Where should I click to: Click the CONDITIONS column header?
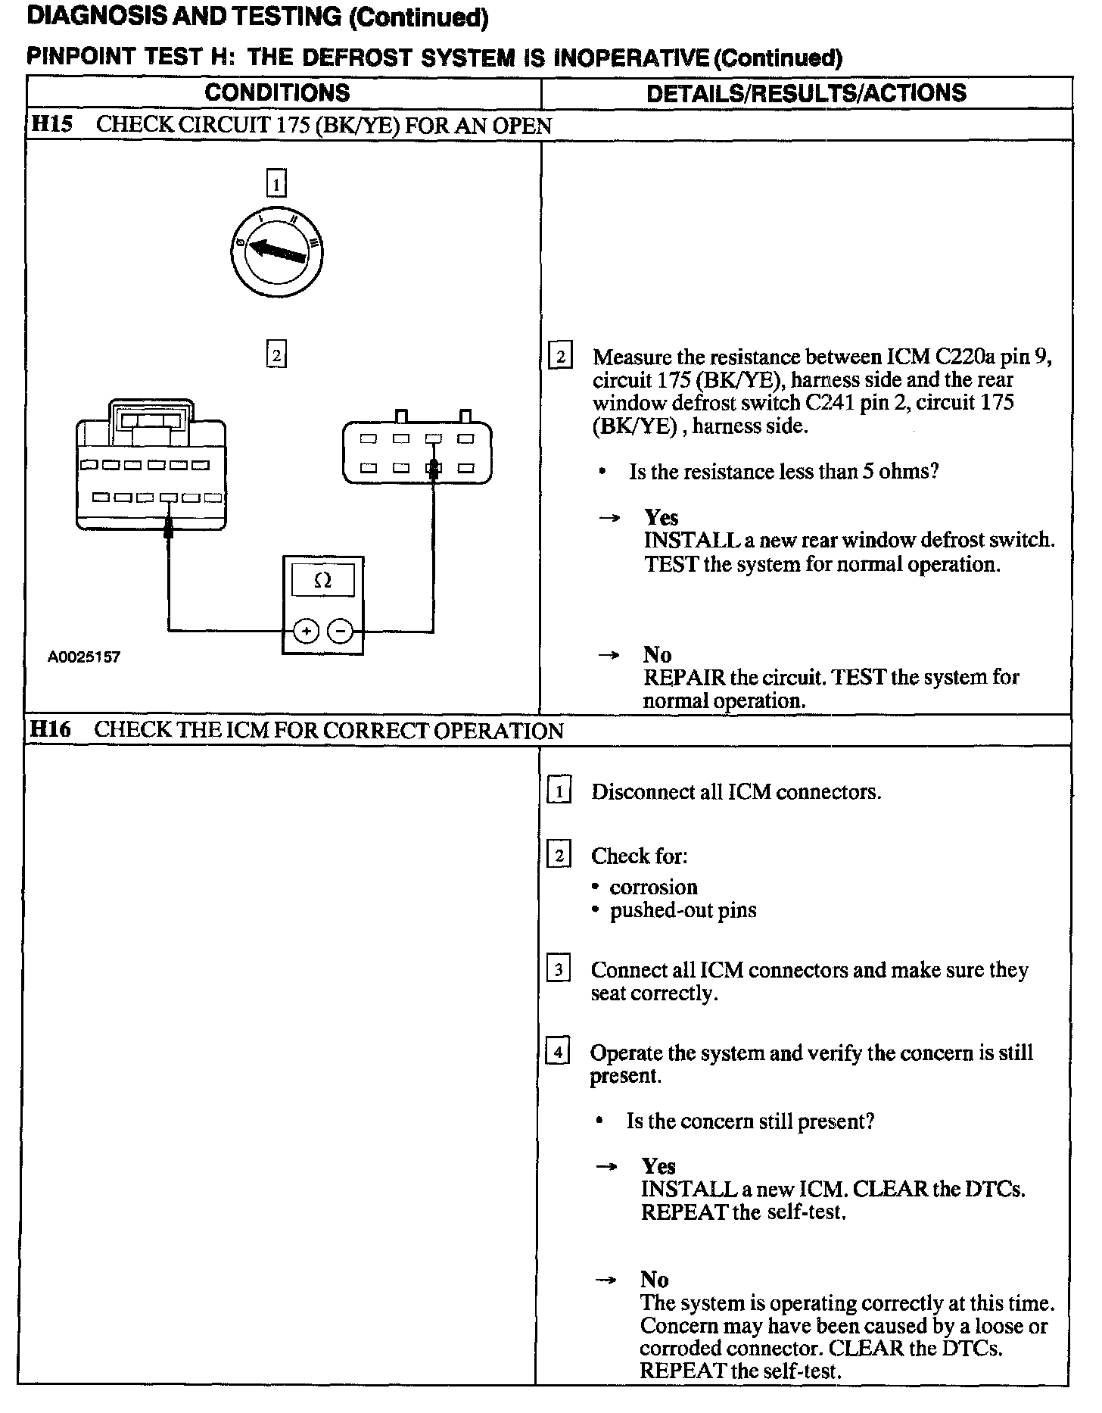pos(277,93)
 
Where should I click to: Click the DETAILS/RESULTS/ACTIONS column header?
pos(806,93)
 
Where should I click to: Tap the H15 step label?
pos(51,125)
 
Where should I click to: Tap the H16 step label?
pos(50,730)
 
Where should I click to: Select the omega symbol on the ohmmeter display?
pos(322,581)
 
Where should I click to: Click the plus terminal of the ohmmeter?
pos(306,631)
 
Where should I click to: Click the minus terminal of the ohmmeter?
pos(341,631)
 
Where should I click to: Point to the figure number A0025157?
pos(84,657)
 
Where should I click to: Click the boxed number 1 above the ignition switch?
pos(276,183)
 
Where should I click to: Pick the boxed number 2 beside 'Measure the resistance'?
pos(560,356)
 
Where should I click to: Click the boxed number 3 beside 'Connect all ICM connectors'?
pos(558,970)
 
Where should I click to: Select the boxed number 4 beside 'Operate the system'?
pos(558,1053)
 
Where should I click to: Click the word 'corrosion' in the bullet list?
pos(653,887)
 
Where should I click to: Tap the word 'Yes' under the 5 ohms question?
pos(661,517)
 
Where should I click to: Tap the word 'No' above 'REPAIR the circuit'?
pos(657,654)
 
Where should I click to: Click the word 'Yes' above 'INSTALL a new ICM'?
pos(658,1166)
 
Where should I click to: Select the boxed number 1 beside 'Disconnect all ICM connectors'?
pos(559,792)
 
